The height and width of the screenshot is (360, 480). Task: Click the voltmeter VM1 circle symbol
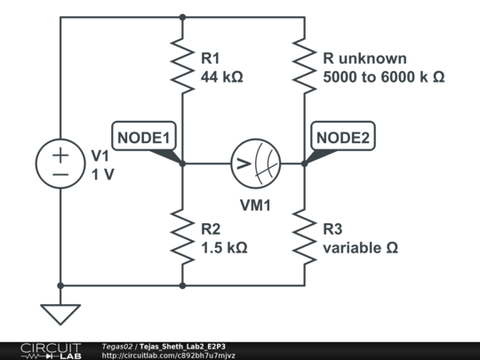pos(255,164)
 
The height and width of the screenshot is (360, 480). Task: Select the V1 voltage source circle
pos(60,164)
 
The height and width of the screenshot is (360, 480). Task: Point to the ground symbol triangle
pos(60,313)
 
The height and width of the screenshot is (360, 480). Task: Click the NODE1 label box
pos(143,137)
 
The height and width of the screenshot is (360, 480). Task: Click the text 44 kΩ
pos(222,78)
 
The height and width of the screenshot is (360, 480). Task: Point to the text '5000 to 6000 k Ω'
pos(383,78)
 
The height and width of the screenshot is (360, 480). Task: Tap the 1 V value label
pos(103,173)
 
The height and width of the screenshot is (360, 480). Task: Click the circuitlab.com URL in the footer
pos(168,355)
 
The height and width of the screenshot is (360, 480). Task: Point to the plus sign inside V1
pos(60,155)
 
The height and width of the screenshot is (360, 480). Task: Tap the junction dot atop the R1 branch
pos(182,16)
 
